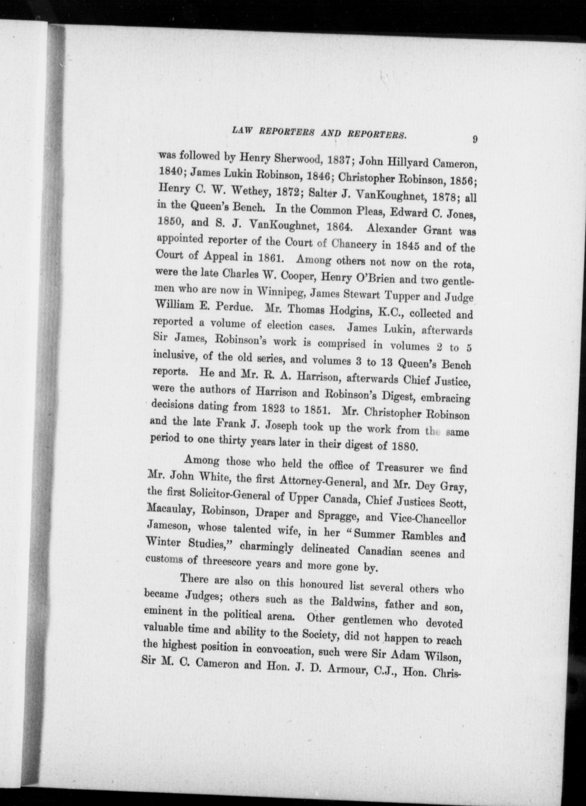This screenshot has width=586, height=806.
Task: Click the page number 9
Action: click(475, 140)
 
